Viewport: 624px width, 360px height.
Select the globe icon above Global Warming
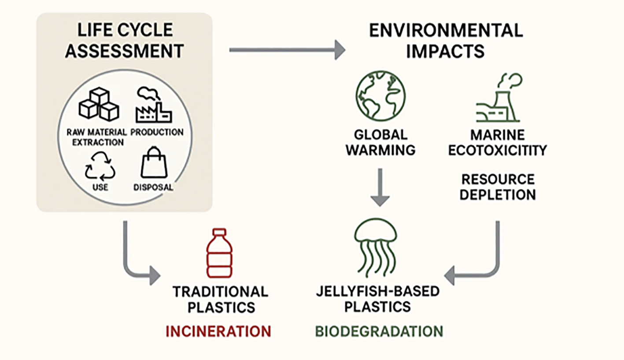[x=380, y=96]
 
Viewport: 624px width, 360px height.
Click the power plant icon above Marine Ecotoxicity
[x=498, y=99]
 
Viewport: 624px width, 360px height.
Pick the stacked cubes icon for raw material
[x=99, y=104]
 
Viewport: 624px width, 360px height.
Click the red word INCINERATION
[x=218, y=331]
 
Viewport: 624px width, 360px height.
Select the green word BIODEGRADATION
[x=379, y=331]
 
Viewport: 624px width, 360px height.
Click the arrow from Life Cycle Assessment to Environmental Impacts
[x=287, y=49]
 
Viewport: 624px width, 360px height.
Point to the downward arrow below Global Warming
[x=380, y=188]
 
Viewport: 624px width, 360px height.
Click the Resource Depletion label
[x=498, y=187]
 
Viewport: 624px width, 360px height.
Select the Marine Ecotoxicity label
[x=497, y=142]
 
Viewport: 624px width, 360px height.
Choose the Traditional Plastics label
[x=220, y=299]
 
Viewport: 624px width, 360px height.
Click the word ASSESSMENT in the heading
[x=124, y=51]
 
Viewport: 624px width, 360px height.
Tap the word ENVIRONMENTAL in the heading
[x=446, y=31]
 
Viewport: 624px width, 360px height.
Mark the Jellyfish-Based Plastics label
[x=377, y=299]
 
